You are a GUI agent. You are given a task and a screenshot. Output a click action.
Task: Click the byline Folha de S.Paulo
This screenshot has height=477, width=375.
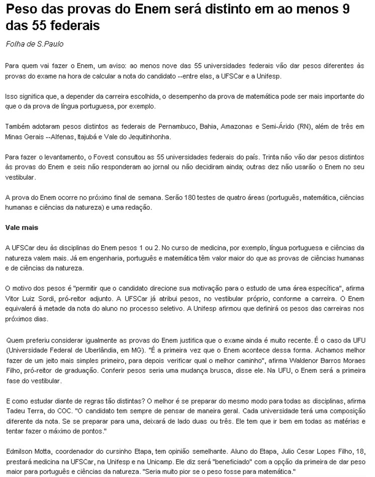point(34,44)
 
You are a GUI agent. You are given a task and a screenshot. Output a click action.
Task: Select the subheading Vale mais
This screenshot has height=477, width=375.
point(22,227)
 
